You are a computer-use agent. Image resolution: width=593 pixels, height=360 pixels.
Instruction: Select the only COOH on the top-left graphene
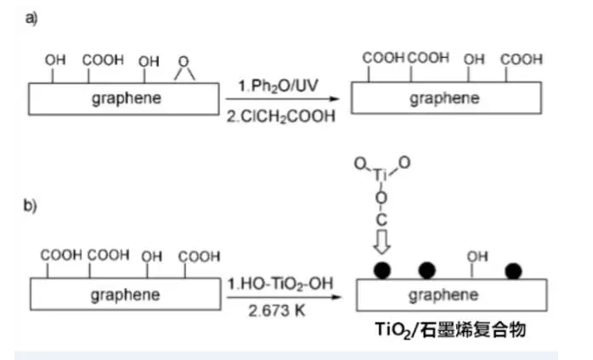103,61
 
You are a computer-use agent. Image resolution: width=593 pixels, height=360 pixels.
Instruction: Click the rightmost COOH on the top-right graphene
521,59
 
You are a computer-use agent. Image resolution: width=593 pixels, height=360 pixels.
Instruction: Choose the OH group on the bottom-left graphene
151,256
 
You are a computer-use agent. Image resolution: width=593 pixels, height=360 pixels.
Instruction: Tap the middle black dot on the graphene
426,271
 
